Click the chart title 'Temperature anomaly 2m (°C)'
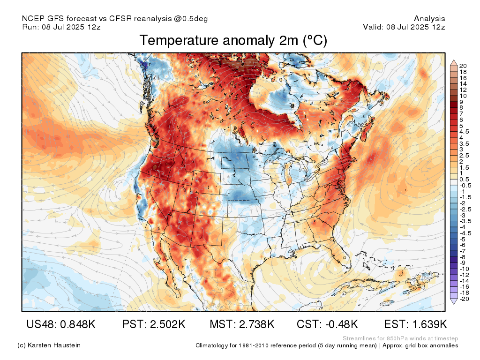pos(233,40)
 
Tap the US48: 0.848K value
pos(61,324)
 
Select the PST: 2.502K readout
pos(154,324)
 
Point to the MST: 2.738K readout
pos(242,324)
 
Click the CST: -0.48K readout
pos(327,324)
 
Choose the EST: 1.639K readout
pos(415,324)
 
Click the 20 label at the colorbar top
pos(463,66)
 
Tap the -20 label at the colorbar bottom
pos(464,299)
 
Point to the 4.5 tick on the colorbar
pos(464,132)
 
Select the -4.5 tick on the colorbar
pos(465,233)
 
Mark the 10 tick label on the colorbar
pos(463,96)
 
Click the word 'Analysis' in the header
pos(429,19)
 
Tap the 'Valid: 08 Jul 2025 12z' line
pos(404,27)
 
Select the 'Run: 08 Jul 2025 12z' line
pos(61,27)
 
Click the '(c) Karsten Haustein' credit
pos(49,345)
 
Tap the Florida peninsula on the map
pos(342,254)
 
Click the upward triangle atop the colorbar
pos(454,63)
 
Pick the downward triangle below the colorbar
pos(454,301)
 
